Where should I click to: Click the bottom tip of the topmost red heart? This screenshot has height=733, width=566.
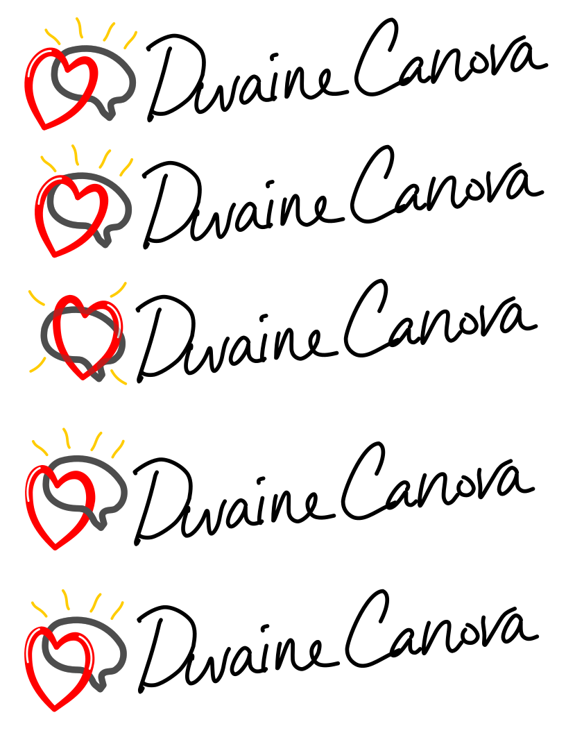44,127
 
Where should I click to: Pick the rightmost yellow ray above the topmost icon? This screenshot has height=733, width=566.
130,40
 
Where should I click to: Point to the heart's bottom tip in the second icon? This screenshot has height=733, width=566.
54,254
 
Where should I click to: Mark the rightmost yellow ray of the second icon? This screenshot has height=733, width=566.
126,167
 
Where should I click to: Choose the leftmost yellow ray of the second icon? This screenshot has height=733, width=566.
48,164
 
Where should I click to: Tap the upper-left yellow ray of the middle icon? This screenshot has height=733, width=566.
35,298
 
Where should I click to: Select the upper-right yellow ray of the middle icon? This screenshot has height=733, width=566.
119,290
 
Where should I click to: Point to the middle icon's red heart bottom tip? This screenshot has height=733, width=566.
83,377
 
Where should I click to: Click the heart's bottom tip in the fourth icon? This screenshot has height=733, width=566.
55,547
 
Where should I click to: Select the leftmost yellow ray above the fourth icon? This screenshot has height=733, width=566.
40,448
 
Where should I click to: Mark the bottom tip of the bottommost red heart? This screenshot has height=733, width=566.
54,708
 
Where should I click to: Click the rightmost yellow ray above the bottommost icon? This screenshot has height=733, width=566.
117,610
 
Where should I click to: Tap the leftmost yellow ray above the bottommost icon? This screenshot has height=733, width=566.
39,609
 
